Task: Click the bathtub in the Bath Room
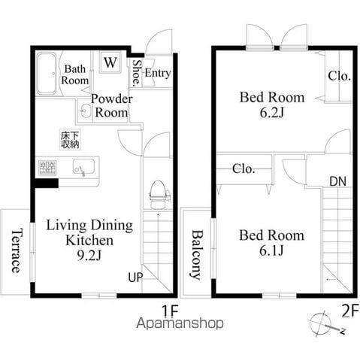[x=47, y=74]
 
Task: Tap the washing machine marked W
[x=110, y=62]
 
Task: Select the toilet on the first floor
[x=158, y=195]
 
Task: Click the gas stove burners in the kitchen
[x=47, y=168]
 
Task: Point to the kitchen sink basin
[x=83, y=167]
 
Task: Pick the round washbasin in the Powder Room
[x=86, y=111]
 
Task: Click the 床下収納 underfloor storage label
[x=70, y=140]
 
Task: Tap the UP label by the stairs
[x=135, y=278]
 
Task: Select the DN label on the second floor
[x=337, y=181]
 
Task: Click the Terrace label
[x=16, y=250]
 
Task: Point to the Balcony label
[x=197, y=255]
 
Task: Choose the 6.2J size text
[x=271, y=113]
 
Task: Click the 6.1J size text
[x=271, y=250]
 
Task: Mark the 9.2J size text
[x=89, y=256]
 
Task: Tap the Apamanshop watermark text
[x=180, y=323]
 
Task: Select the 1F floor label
[x=170, y=311]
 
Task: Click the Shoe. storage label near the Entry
[x=137, y=73]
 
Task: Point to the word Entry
[x=158, y=73]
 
